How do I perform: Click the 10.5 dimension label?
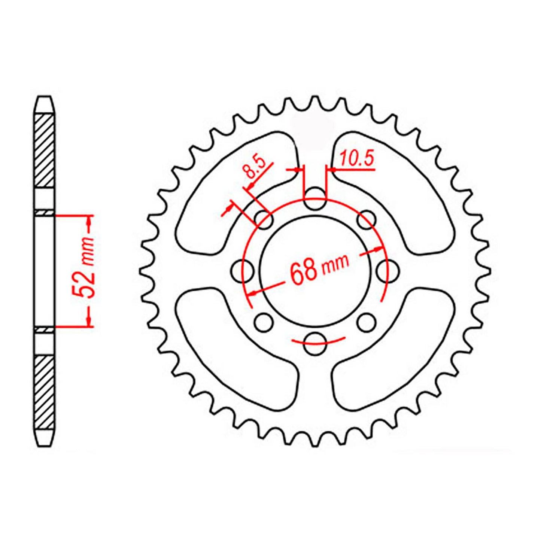click(356, 159)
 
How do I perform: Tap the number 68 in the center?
click(304, 271)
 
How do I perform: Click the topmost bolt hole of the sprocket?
click(314, 199)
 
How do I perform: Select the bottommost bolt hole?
click(314, 343)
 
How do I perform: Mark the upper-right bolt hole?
click(366, 220)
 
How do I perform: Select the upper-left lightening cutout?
click(232, 187)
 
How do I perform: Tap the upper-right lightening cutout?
click(397, 187)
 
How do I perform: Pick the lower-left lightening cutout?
click(232, 348)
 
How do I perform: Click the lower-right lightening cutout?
click(397, 348)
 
